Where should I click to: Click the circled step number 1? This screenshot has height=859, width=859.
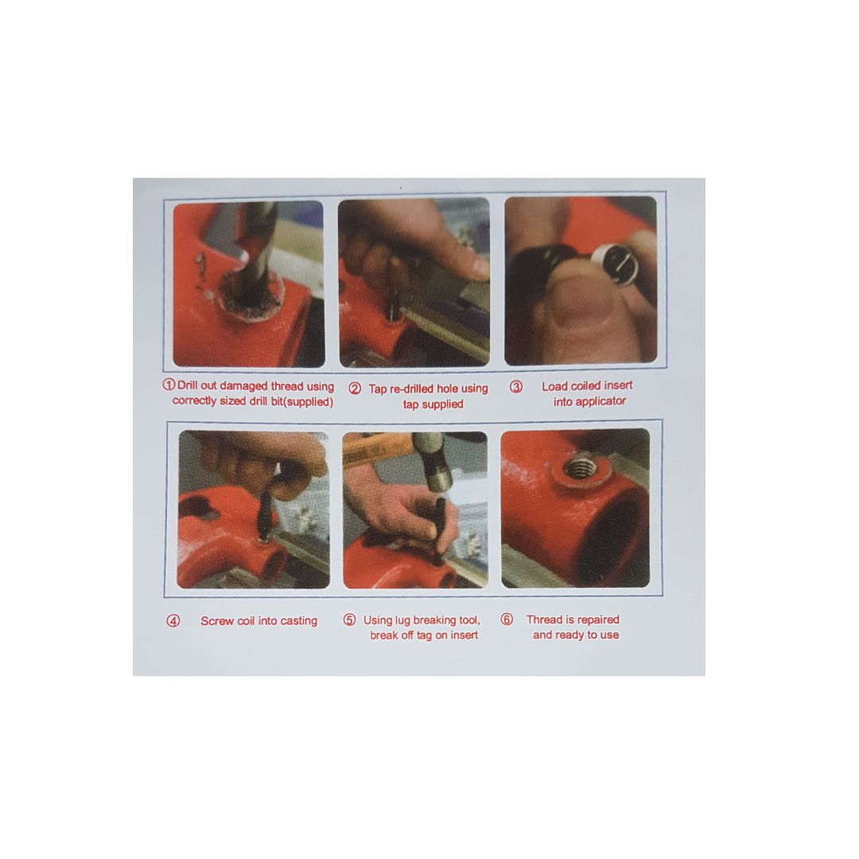169,385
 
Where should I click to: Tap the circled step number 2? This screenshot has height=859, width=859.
355,389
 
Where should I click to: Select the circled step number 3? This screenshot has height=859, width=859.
516,387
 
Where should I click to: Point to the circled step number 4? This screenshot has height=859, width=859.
173,620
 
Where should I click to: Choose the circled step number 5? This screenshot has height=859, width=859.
349,620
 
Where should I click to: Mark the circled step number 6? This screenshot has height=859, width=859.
507,620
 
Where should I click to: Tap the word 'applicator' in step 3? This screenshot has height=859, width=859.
589,402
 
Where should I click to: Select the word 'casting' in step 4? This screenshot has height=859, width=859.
299,621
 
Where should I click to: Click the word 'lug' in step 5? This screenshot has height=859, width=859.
402,620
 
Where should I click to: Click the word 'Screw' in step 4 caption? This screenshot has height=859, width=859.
217,621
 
